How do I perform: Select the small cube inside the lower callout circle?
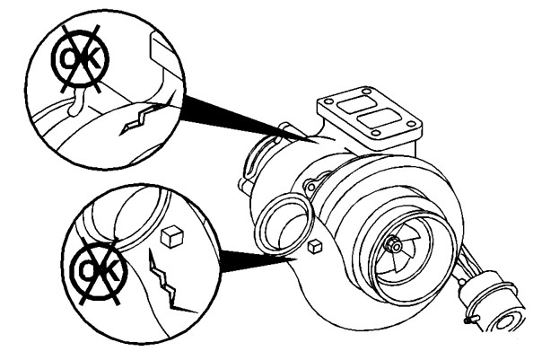tap(172, 236)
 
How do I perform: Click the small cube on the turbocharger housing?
tap(315, 247)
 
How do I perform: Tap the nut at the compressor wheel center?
tap(394, 243)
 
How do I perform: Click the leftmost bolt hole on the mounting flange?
tap(329, 101)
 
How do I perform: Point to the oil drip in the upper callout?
tap(76, 102)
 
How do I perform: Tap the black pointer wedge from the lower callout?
tap(258, 261)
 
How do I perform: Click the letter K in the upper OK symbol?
tap(92, 59)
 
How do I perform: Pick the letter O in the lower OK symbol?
tap(85, 270)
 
